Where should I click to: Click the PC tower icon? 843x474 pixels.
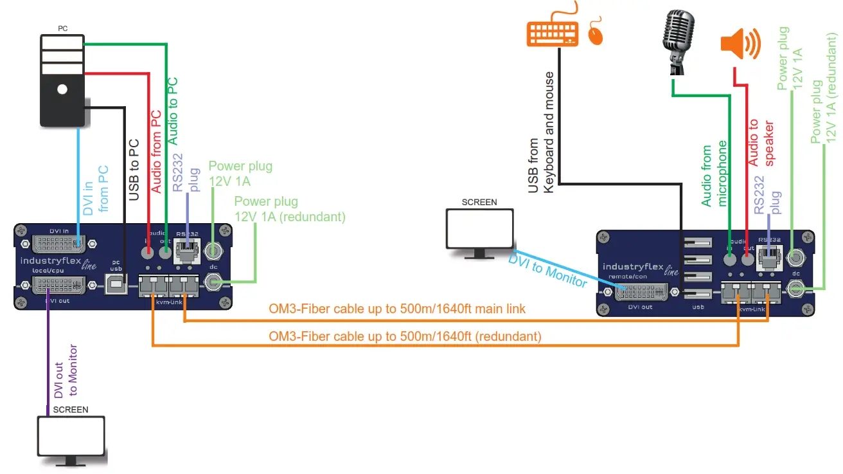coord(62,80)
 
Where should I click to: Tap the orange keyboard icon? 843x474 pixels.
coord(552,32)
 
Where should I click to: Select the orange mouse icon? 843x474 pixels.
coord(596,34)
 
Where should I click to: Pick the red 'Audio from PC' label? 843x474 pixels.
coord(155,152)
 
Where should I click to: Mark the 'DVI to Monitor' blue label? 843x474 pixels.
coord(547,271)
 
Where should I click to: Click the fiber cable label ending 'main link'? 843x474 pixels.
coord(397,309)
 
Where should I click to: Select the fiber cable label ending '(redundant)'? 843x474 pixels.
coord(405,336)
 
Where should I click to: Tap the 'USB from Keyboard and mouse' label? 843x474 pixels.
coord(540,133)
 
